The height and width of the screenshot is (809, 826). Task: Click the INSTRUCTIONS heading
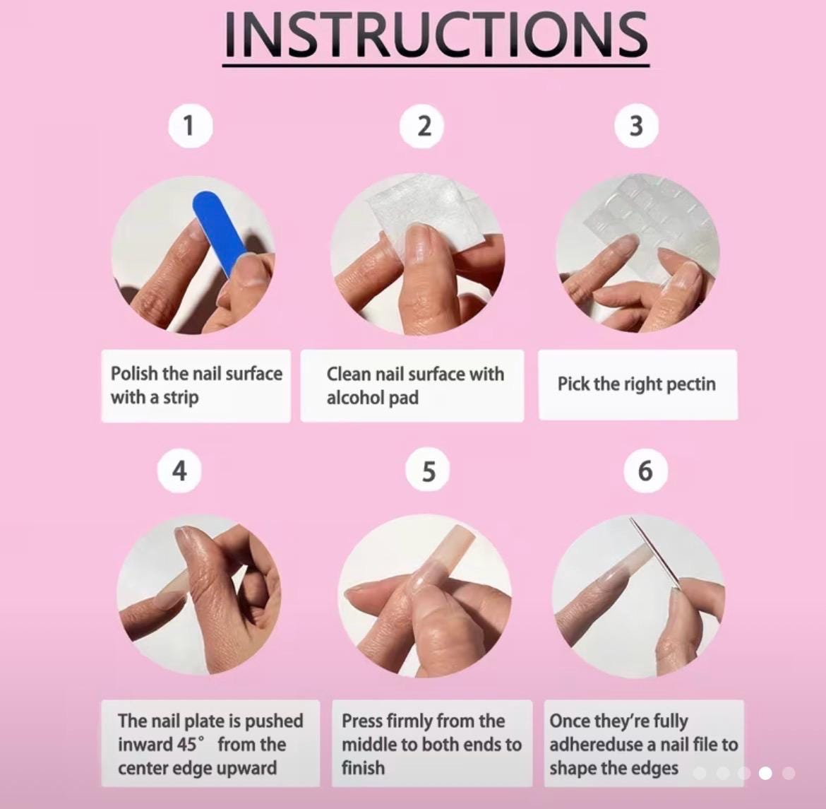(x=436, y=35)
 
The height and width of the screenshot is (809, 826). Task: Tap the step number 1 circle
(x=190, y=126)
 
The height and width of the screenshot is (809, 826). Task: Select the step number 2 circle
(x=422, y=126)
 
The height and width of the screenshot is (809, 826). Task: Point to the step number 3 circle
(x=636, y=126)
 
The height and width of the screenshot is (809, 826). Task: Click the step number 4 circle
(x=179, y=471)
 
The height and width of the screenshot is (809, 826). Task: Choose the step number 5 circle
(x=429, y=471)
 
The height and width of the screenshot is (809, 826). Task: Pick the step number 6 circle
(x=645, y=471)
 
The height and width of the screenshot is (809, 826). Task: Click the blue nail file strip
(x=220, y=232)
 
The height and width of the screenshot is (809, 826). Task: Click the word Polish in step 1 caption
(x=134, y=373)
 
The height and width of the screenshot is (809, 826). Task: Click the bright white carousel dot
(x=765, y=773)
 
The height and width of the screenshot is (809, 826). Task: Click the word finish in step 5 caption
(x=363, y=768)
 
